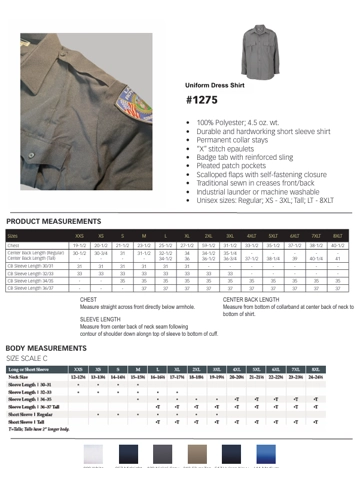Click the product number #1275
(203, 101)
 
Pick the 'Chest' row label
(15, 244)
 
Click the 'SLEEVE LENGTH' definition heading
(100, 318)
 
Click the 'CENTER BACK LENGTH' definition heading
(251, 299)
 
